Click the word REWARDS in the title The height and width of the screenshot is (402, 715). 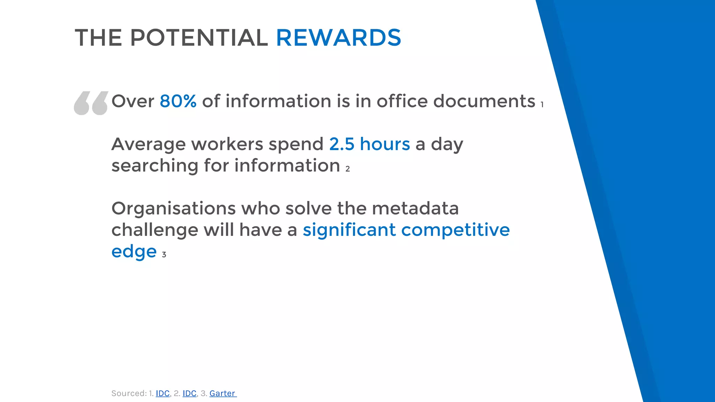338,38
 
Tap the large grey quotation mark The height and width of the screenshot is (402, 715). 91,103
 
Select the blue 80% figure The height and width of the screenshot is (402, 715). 178,101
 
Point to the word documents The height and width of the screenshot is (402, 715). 484,101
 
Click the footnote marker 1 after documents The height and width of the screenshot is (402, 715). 542,105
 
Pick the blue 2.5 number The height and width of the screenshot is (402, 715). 342,144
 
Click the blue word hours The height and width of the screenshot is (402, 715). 385,144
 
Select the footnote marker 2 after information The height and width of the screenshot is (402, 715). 347,169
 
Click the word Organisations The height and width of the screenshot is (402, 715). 174,209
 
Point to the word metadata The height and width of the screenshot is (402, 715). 415,209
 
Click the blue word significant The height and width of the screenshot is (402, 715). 349,230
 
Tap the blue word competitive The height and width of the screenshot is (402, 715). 455,230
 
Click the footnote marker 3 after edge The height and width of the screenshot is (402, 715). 164,255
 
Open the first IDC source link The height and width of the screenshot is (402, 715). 163,393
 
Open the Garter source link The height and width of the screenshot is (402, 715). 222,393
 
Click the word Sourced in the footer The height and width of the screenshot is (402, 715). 128,393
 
